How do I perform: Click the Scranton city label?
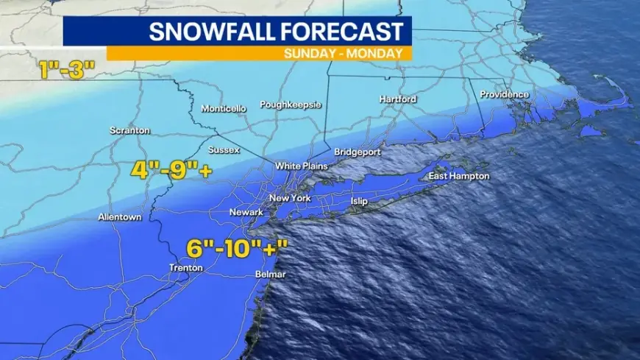click(x=129, y=130)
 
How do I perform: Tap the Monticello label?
click(x=224, y=109)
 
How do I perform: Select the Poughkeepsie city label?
click(x=291, y=105)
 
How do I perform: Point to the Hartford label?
click(x=398, y=99)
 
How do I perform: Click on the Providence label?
click(x=504, y=94)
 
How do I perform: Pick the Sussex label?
click(x=224, y=150)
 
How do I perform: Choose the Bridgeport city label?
click(x=358, y=152)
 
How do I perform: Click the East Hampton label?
click(x=459, y=177)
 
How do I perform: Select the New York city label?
click(x=290, y=199)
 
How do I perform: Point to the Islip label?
click(x=359, y=200)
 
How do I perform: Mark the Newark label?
click(x=246, y=212)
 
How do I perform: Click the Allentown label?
click(x=120, y=217)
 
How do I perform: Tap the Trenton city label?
click(x=185, y=268)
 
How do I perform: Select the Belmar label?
click(x=269, y=275)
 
